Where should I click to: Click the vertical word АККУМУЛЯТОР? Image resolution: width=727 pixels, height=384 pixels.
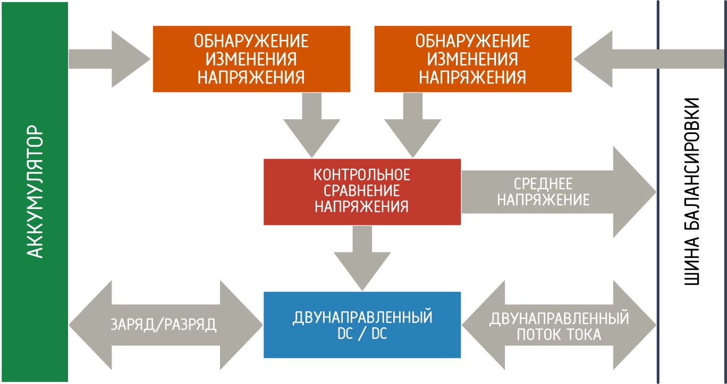[35, 191]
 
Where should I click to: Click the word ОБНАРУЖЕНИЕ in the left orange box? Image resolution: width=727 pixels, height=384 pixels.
[251, 41]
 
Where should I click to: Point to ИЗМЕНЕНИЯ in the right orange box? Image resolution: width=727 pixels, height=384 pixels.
[473, 59]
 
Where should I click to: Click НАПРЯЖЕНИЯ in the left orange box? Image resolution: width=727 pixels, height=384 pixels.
[251, 77]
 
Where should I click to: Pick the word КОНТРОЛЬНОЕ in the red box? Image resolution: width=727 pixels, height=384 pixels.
[362, 174]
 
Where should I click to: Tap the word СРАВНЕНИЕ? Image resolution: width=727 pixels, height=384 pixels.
[362, 190]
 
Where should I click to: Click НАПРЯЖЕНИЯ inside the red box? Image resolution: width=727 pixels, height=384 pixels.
[362, 206]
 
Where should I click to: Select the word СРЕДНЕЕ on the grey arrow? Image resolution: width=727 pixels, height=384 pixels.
[543, 184]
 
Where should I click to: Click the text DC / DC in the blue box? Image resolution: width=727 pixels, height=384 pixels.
[362, 335]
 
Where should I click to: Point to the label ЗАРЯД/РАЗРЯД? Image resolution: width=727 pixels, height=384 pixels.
[164, 325]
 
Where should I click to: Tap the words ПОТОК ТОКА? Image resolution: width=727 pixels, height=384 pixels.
[559, 335]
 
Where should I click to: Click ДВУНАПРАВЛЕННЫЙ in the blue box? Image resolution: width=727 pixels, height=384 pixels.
[362, 318]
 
